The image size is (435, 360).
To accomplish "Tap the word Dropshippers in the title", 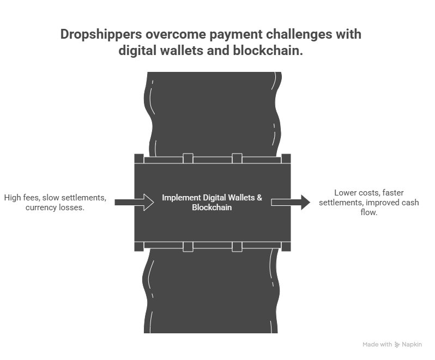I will [x=102, y=35].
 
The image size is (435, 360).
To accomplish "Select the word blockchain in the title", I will [x=271, y=51].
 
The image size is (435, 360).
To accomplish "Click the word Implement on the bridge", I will [x=180, y=198].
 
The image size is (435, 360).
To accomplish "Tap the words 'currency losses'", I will [x=55, y=209].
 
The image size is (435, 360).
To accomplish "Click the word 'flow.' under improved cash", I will [x=368, y=213].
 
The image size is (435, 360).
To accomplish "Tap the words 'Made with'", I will [x=377, y=345].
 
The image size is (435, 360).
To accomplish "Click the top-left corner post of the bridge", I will [x=139, y=158].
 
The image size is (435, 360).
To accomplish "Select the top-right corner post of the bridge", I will [x=286, y=158].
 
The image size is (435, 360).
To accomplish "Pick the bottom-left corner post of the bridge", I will [x=139, y=246].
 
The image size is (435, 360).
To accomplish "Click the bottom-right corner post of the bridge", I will [x=286, y=246].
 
